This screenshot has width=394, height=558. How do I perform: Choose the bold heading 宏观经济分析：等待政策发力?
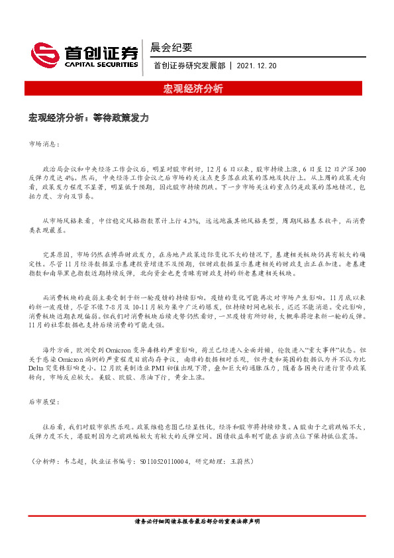click(x=89, y=117)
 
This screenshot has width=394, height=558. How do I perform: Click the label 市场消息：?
click(x=44, y=142)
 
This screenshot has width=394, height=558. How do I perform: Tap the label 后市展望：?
click(x=44, y=402)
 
